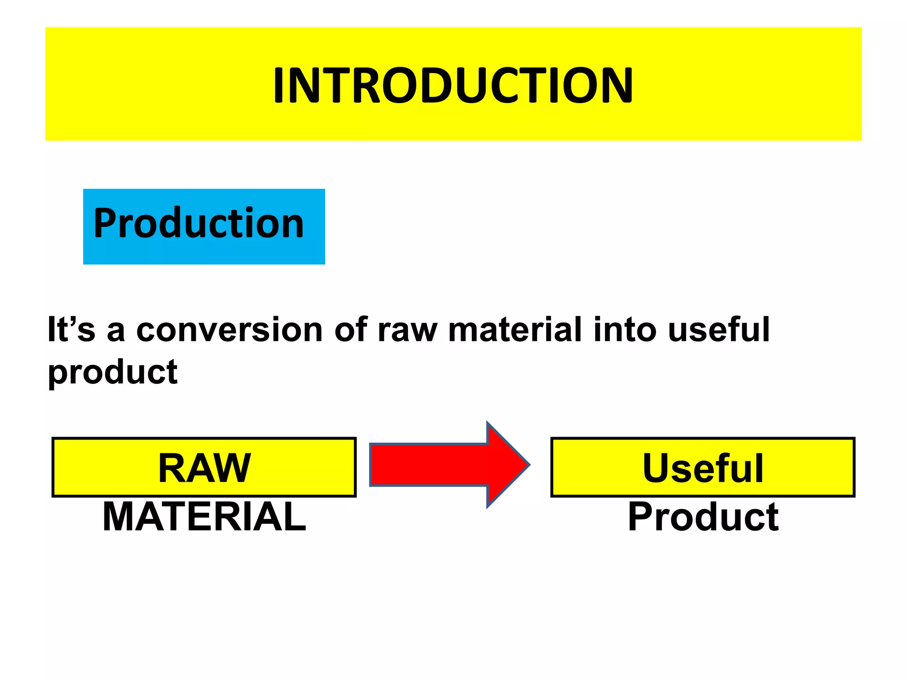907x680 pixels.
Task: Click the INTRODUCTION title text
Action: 453,85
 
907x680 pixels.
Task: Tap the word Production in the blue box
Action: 198,224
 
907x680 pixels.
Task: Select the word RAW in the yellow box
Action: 205,468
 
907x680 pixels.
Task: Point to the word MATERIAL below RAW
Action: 204,517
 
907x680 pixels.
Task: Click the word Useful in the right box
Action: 703,468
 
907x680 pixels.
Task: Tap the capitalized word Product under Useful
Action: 703,517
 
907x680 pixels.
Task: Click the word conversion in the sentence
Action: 229,330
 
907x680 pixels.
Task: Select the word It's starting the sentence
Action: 71,330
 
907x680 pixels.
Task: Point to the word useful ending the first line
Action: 719,330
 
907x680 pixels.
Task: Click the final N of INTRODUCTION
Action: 617,85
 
